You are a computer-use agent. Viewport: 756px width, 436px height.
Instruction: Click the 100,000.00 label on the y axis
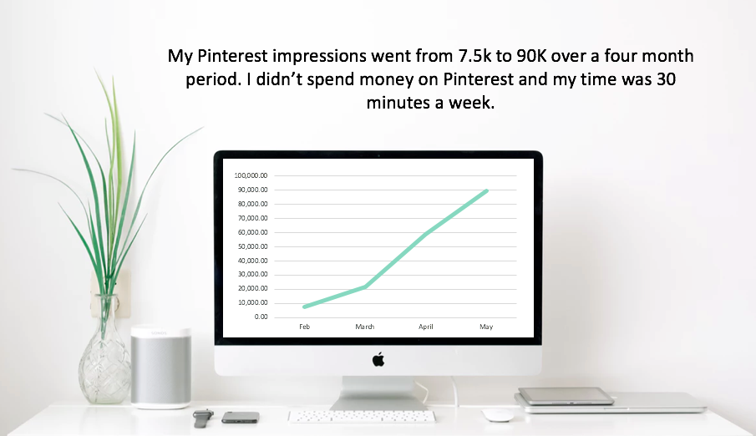point(251,175)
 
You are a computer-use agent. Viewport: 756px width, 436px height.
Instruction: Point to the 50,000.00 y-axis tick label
point(252,246)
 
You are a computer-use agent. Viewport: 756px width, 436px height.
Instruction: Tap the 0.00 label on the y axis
point(261,317)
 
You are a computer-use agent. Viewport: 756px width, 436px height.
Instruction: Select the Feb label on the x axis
point(304,327)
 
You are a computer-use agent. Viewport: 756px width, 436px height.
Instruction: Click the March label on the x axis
point(364,327)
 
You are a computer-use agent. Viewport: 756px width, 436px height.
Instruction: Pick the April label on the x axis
point(426,327)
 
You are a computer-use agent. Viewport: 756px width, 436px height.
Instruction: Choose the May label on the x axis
point(486,327)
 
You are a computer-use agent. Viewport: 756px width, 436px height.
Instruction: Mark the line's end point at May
point(486,191)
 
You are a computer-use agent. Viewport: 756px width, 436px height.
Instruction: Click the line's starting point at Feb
point(305,307)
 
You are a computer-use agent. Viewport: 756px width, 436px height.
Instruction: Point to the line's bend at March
point(365,286)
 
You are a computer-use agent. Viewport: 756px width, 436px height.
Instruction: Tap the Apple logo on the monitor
point(378,359)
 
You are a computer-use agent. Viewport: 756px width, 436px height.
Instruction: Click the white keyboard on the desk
point(362,416)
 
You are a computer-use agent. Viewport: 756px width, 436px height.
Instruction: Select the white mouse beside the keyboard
point(498,415)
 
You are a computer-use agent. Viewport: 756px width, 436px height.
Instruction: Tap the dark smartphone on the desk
point(241,418)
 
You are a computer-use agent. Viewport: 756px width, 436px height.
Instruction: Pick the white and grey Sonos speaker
point(161,368)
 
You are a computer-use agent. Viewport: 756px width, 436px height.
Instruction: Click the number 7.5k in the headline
point(474,56)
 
